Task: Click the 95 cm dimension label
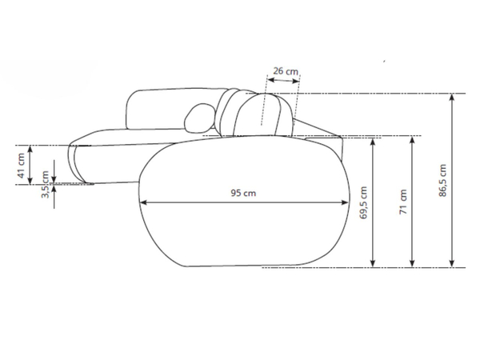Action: [243, 193]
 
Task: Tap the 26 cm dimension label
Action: [286, 71]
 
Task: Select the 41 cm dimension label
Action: [21, 166]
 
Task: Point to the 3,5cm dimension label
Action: [46, 184]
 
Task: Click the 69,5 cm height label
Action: [363, 202]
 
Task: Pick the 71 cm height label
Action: [403, 202]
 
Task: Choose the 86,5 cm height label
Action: [442, 180]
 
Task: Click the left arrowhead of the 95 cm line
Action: [143, 202]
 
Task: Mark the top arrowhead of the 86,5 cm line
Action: [452, 98]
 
